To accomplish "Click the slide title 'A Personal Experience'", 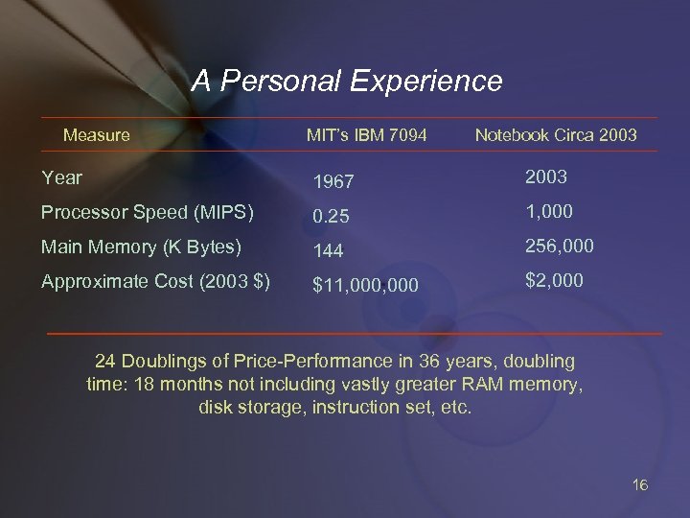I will (x=346, y=81).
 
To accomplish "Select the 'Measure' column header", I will (x=96, y=135).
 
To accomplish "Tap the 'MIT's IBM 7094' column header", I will (x=367, y=135).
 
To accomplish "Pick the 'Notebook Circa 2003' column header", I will (x=555, y=135).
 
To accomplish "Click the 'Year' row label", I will (x=62, y=177).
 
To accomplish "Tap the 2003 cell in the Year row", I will (x=545, y=177).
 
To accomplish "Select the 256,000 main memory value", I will (x=559, y=247).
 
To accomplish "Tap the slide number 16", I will (x=640, y=484).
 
